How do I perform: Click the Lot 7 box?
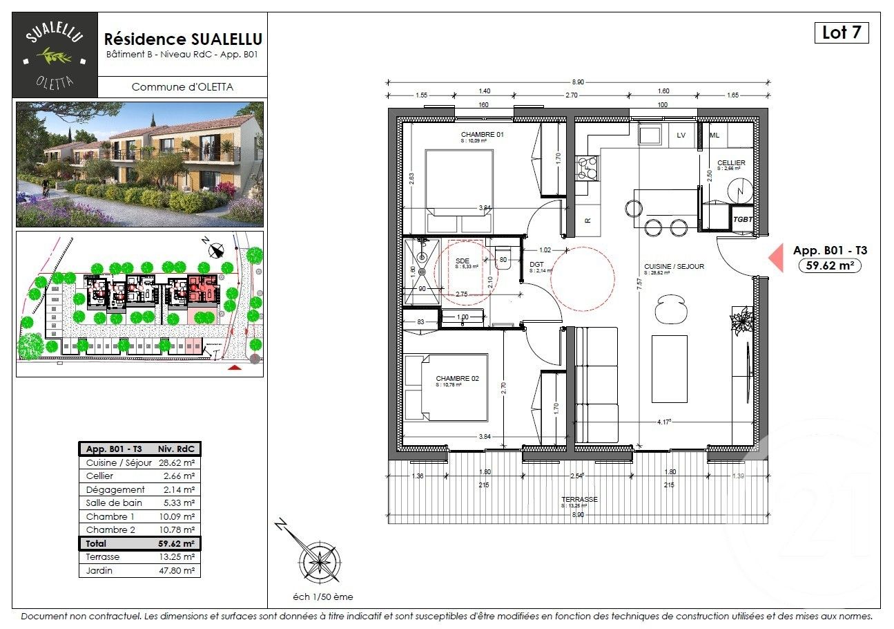tap(841, 32)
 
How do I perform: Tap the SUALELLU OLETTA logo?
tap(56, 55)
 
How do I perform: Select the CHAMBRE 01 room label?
tap(483, 135)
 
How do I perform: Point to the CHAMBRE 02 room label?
tap(457, 379)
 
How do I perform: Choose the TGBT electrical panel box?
tap(743, 218)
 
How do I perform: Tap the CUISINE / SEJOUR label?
tap(674, 266)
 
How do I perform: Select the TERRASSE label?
tap(579, 499)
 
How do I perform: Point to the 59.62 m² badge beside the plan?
tap(829, 265)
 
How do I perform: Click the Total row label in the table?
tap(97, 543)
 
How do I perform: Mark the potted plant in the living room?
tap(743, 321)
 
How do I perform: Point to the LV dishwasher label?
tap(681, 135)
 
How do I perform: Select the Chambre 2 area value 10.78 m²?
tap(179, 530)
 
